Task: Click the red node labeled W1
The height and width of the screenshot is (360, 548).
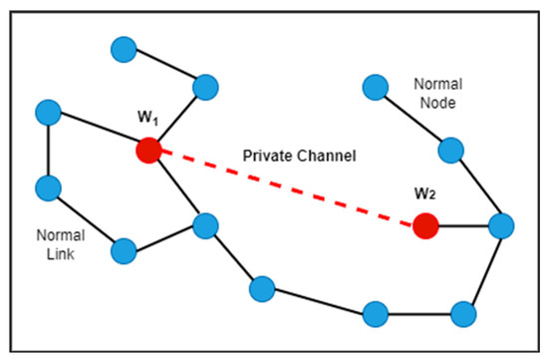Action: coord(148,152)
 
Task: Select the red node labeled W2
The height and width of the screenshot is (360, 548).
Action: coord(426,226)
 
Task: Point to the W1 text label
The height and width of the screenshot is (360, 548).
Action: coord(148,121)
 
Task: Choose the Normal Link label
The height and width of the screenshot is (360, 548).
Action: coord(61,244)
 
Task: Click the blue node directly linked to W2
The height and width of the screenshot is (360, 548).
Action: coord(501,226)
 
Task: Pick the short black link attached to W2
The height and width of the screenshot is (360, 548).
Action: coord(463,226)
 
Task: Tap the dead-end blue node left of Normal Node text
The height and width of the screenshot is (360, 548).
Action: coord(376,87)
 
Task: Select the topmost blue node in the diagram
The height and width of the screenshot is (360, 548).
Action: coord(124,48)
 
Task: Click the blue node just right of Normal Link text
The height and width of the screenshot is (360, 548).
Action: coord(124,250)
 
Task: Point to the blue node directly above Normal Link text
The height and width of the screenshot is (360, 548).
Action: coord(48,186)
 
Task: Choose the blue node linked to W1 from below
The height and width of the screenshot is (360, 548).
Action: coord(206,225)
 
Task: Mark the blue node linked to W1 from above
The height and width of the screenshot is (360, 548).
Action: coord(206,86)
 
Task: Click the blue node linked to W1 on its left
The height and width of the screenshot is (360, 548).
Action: coord(48,112)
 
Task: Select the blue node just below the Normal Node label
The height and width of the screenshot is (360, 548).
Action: coord(451,151)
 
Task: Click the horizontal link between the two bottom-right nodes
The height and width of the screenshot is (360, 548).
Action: coord(419,313)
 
